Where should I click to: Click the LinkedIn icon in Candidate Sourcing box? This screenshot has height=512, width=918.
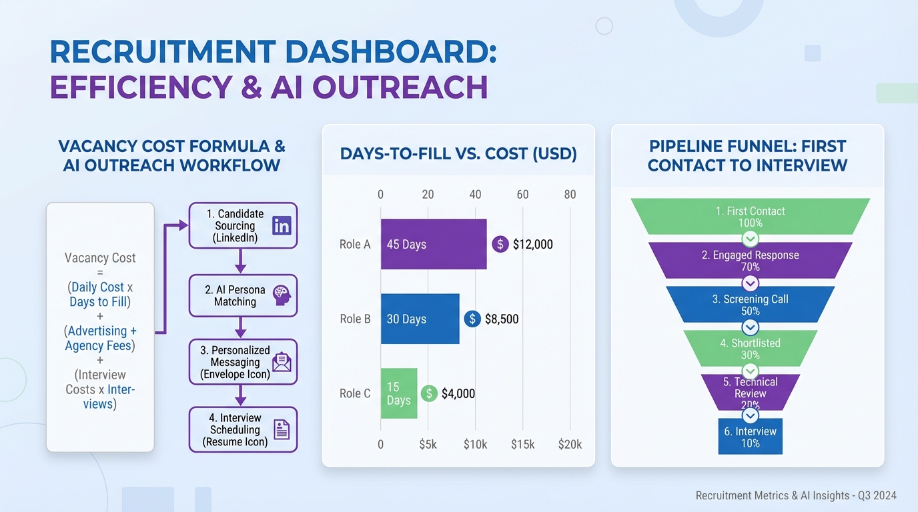pos(282,225)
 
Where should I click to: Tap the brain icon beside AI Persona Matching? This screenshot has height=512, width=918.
pos(282,295)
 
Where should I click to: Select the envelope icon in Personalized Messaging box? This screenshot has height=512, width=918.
pos(282,362)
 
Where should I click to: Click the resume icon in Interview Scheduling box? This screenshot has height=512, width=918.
pos(282,430)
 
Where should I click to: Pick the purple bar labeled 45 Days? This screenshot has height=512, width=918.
pos(433,244)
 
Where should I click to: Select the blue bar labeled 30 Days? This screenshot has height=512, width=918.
pos(420,319)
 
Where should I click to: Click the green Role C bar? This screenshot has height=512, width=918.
pos(398,393)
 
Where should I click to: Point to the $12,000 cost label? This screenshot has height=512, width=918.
pos(532,245)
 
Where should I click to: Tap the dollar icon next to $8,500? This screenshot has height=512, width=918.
pos(472,319)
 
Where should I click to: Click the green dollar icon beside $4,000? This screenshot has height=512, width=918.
pos(429,393)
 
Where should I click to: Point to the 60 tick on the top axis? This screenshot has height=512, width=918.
pos(522,195)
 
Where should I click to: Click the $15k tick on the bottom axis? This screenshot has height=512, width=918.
pos(522,445)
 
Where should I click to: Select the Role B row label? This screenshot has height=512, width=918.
pos(355,319)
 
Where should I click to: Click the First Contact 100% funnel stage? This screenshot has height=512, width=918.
pos(750,216)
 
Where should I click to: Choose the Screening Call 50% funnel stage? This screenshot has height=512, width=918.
pos(750,305)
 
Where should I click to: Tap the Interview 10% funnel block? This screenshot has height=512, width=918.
pos(750,437)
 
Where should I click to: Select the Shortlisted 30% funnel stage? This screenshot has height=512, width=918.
pos(750,349)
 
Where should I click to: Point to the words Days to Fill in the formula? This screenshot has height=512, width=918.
pos(98,302)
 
